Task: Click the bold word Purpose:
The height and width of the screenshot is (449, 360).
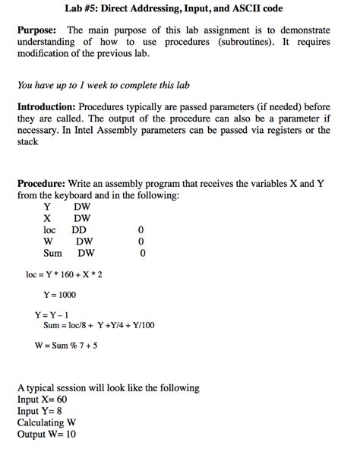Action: [x=39, y=30]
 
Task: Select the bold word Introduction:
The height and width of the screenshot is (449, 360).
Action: [x=50, y=108]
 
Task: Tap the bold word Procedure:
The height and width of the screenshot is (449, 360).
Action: [x=41, y=184]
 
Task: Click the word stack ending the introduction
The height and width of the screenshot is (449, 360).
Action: [x=27, y=141]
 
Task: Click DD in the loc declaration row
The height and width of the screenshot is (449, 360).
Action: [x=79, y=229]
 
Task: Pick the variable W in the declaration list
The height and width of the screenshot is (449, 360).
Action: [x=48, y=242]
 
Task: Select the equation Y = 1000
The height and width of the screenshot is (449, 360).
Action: [x=59, y=295]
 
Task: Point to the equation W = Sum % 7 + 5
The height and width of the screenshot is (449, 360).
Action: [x=65, y=346]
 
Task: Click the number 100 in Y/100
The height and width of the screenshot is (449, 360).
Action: [x=146, y=325]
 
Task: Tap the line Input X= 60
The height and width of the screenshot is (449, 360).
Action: [x=42, y=400]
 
